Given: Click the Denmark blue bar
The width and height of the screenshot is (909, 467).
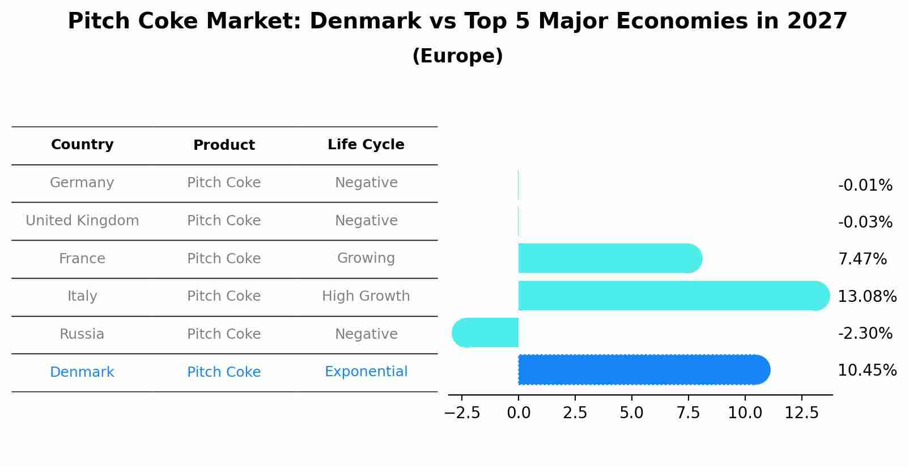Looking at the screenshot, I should pos(643,370).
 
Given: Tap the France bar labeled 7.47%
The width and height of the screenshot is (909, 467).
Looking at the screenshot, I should pos(609,258).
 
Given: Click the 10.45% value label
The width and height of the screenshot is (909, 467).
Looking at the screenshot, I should pos(866,371).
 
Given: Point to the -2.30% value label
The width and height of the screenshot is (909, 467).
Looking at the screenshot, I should pos(865,333).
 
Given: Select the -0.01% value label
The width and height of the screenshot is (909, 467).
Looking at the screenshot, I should pos(865,186).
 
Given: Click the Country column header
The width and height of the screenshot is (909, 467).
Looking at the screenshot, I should pos(82,145).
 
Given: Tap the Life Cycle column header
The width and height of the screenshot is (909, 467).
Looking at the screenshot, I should pos(366,145).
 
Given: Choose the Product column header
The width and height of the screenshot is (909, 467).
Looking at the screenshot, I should pos(224,145).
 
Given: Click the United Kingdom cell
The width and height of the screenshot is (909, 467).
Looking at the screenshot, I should pos(82,221).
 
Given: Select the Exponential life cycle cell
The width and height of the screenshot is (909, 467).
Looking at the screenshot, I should pos(366,372).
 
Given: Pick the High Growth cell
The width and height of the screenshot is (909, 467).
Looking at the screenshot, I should pos(366,296).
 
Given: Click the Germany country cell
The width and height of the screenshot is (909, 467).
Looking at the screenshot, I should pos(82,183).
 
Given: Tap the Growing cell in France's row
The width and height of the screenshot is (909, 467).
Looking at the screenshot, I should pos(366,258).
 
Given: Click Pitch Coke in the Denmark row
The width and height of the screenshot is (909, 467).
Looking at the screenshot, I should pos(224,372).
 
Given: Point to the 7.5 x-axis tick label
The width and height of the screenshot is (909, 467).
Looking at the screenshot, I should pos(688,413).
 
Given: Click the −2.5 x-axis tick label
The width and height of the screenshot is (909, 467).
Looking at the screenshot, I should pos(462,413).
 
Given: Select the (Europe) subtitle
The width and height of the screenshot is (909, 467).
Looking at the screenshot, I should pos(457,56).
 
